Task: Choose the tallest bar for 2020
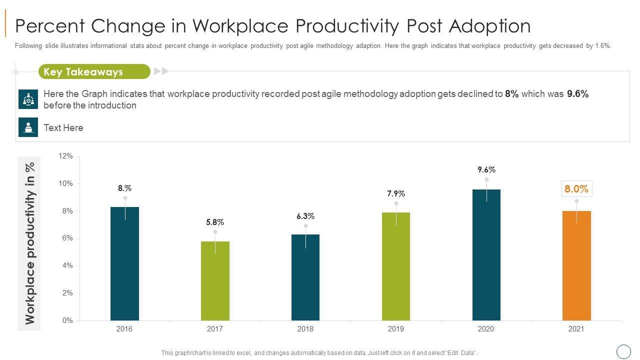click(x=486, y=255)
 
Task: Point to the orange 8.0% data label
click(x=576, y=189)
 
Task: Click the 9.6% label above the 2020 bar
click(x=486, y=170)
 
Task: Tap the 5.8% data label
click(x=215, y=222)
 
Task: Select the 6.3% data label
click(x=305, y=216)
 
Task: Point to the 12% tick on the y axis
click(x=66, y=156)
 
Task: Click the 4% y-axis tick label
click(x=67, y=266)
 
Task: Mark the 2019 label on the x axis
click(x=396, y=329)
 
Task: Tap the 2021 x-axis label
click(x=576, y=329)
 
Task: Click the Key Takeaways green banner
click(x=94, y=71)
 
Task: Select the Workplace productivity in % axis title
click(x=30, y=243)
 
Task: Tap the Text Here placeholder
click(x=63, y=128)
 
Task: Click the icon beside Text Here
click(x=28, y=127)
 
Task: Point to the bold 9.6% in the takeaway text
click(x=577, y=94)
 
